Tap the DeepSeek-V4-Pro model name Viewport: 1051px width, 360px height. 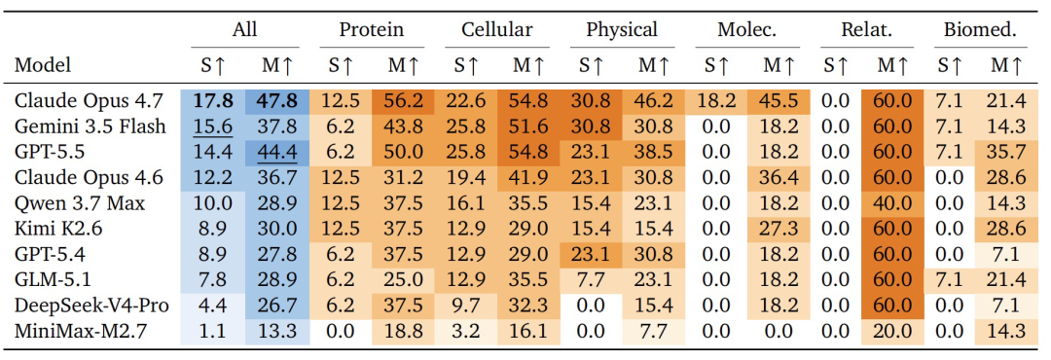[92, 306]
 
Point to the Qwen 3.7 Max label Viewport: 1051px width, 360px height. [80, 203]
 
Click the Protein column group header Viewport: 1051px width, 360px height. [372, 29]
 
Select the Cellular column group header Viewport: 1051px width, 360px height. [496, 29]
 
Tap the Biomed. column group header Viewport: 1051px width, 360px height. [981, 29]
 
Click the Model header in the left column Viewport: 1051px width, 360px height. [43, 65]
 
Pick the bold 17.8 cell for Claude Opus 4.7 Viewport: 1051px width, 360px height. [213, 101]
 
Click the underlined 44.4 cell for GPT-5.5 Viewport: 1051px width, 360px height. [277, 152]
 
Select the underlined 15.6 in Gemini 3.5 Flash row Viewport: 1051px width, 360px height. [213, 126]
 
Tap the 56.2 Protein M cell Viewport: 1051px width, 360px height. [404, 101]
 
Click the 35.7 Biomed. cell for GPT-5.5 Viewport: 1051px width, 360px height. [1005, 152]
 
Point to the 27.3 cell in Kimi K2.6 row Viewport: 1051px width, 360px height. [779, 230]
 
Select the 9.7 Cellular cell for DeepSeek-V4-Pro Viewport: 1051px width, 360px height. [466, 306]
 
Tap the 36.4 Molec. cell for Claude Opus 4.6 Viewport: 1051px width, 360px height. [779, 178]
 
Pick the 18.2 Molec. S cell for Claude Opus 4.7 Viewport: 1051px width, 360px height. [716, 101]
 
